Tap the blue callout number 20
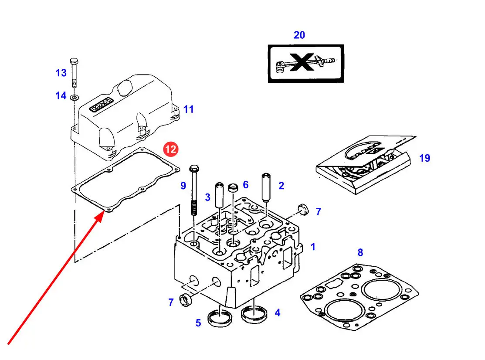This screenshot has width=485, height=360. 299,35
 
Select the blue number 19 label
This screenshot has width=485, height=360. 424,158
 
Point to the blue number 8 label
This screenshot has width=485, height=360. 360,252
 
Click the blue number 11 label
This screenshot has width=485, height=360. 188,109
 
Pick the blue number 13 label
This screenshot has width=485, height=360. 61,73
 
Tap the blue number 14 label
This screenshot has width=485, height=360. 61,95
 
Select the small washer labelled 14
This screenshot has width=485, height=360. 75,96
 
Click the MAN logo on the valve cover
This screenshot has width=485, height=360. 101,105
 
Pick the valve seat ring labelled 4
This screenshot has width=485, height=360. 254,314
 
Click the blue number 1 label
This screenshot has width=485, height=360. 313,247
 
